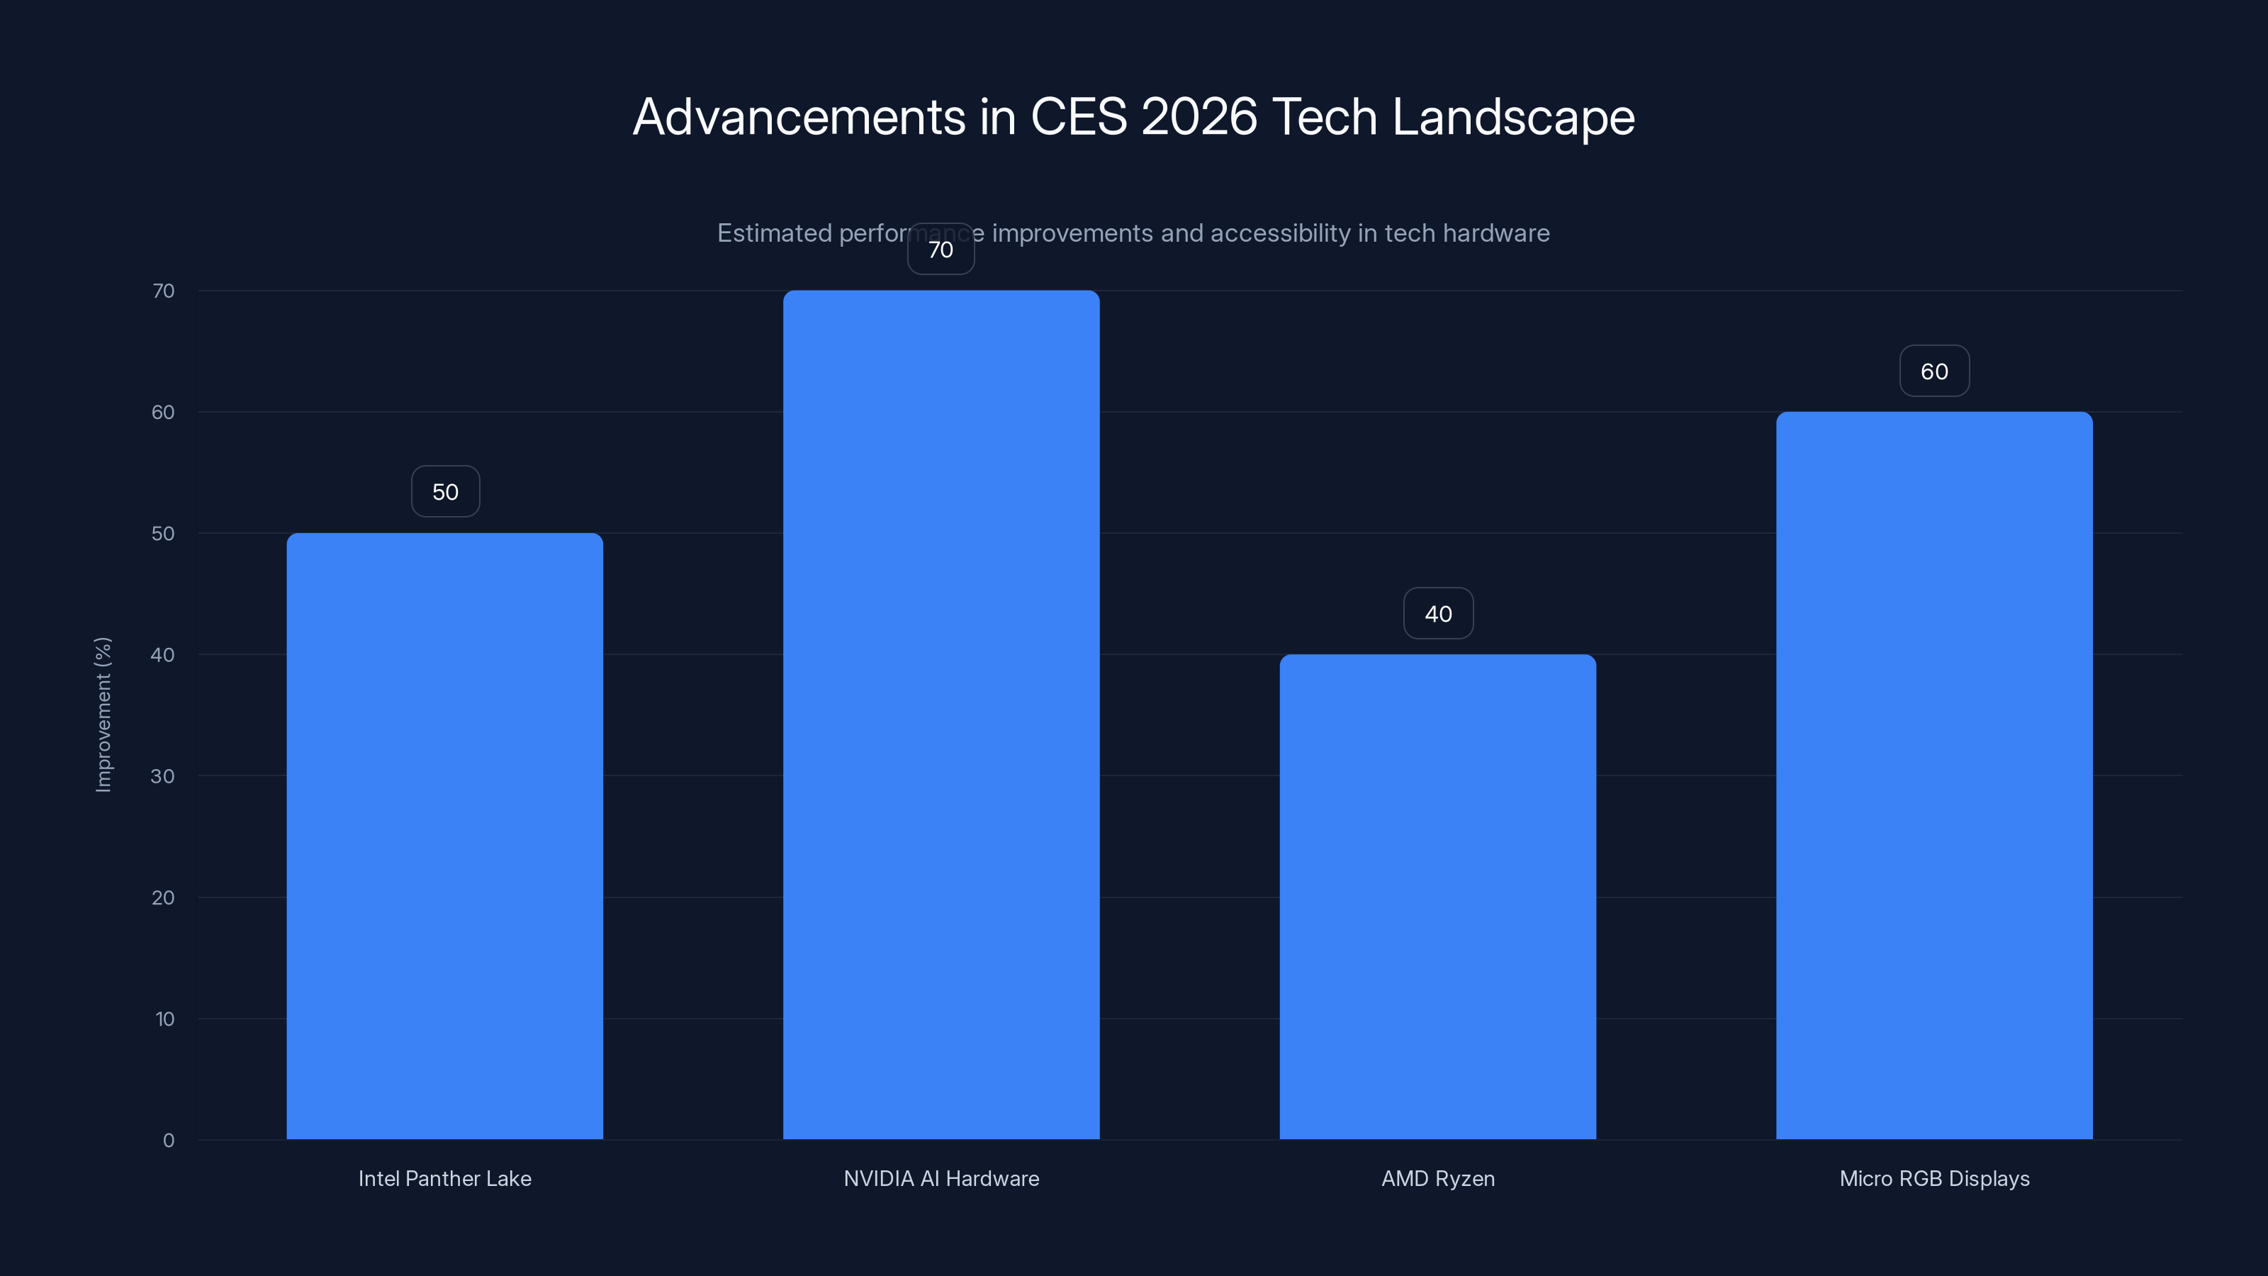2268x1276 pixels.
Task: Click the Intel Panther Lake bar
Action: coord(444,836)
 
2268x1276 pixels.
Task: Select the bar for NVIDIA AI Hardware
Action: coord(941,714)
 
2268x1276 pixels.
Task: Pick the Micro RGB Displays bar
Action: coord(1934,775)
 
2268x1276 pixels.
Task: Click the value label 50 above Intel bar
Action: coord(446,491)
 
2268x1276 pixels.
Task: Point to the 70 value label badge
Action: coord(941,250)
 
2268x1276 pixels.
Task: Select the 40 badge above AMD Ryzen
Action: coord(1438,614)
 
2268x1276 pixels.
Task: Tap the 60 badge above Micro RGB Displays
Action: coord(1934,371)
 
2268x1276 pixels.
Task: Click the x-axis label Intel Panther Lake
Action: coord(444,1178)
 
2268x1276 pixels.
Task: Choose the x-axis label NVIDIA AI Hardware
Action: coord(941,1178)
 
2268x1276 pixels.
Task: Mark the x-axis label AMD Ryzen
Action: coord(1438,1178)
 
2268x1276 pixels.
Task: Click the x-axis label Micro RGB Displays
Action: coord(1934,1178)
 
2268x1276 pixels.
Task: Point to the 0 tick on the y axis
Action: coord(168,1141)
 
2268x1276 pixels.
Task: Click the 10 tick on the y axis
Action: coord(164,1019)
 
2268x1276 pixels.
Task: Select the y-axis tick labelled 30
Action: coord(163,776)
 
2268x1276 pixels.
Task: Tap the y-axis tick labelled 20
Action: coord(163,897)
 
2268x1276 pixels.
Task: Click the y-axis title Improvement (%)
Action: coord(103,714)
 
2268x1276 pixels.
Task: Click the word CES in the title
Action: coord(1079,117)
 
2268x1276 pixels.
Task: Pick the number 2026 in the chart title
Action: coord(1199,117)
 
